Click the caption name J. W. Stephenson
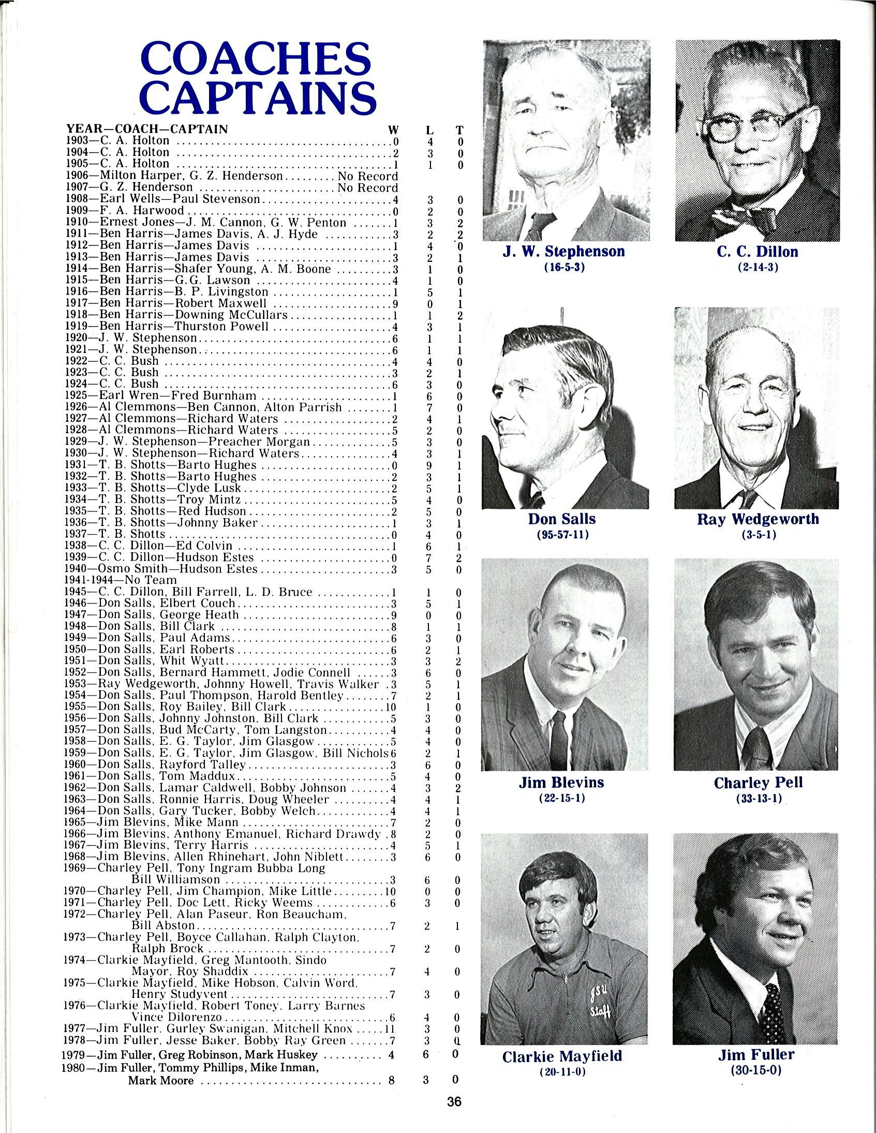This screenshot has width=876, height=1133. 564,252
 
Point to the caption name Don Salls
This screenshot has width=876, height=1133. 562,519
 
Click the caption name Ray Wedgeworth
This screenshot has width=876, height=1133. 758,519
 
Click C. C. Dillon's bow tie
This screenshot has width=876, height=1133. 745,215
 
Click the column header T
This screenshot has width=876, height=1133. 459,131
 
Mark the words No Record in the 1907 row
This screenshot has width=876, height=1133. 367,187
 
